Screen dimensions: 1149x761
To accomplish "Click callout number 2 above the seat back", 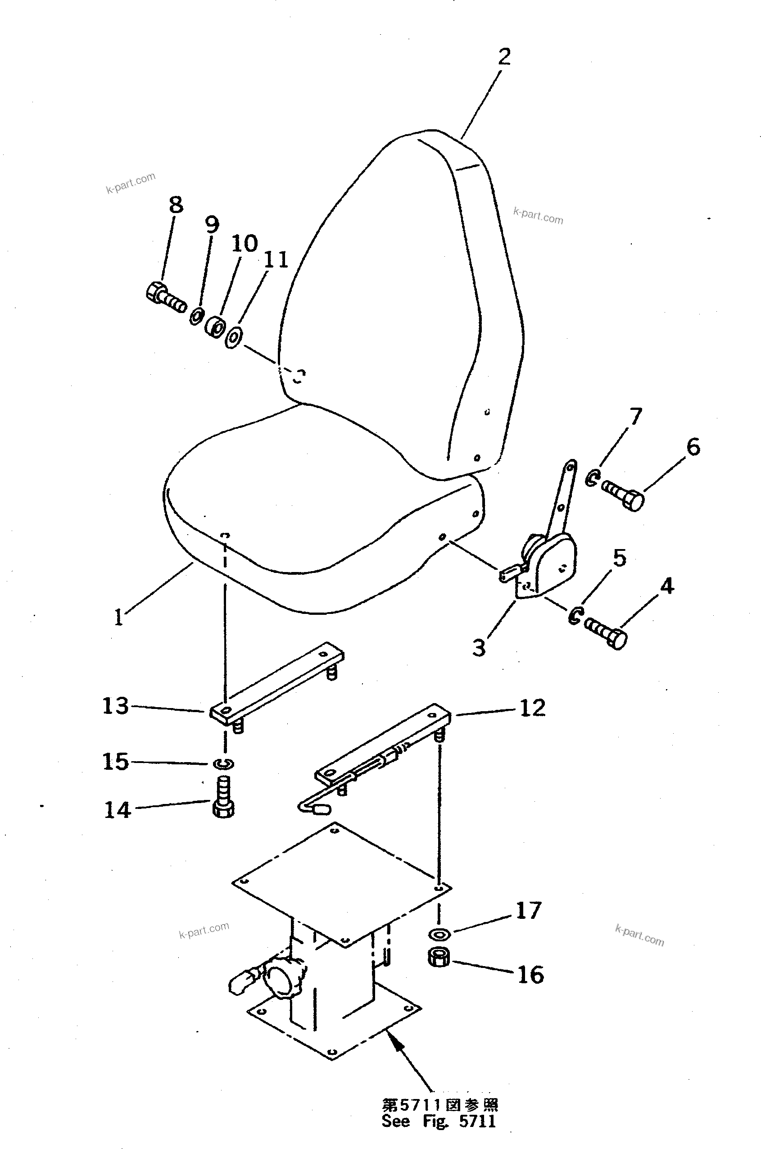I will pos(504,57).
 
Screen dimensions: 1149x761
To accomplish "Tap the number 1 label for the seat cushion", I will pos(118,618).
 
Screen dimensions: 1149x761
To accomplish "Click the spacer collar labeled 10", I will pos(214,327).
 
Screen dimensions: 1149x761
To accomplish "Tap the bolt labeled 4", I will pos(607,631).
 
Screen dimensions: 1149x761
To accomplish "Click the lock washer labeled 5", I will pos(575,616).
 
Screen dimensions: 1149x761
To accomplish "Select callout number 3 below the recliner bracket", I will pos(479,648).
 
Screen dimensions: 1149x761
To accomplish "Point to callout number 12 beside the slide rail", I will pos(532,708).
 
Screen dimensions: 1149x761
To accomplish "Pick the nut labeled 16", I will pos(439,958).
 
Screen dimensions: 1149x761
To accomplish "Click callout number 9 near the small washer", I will pos(212,224).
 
